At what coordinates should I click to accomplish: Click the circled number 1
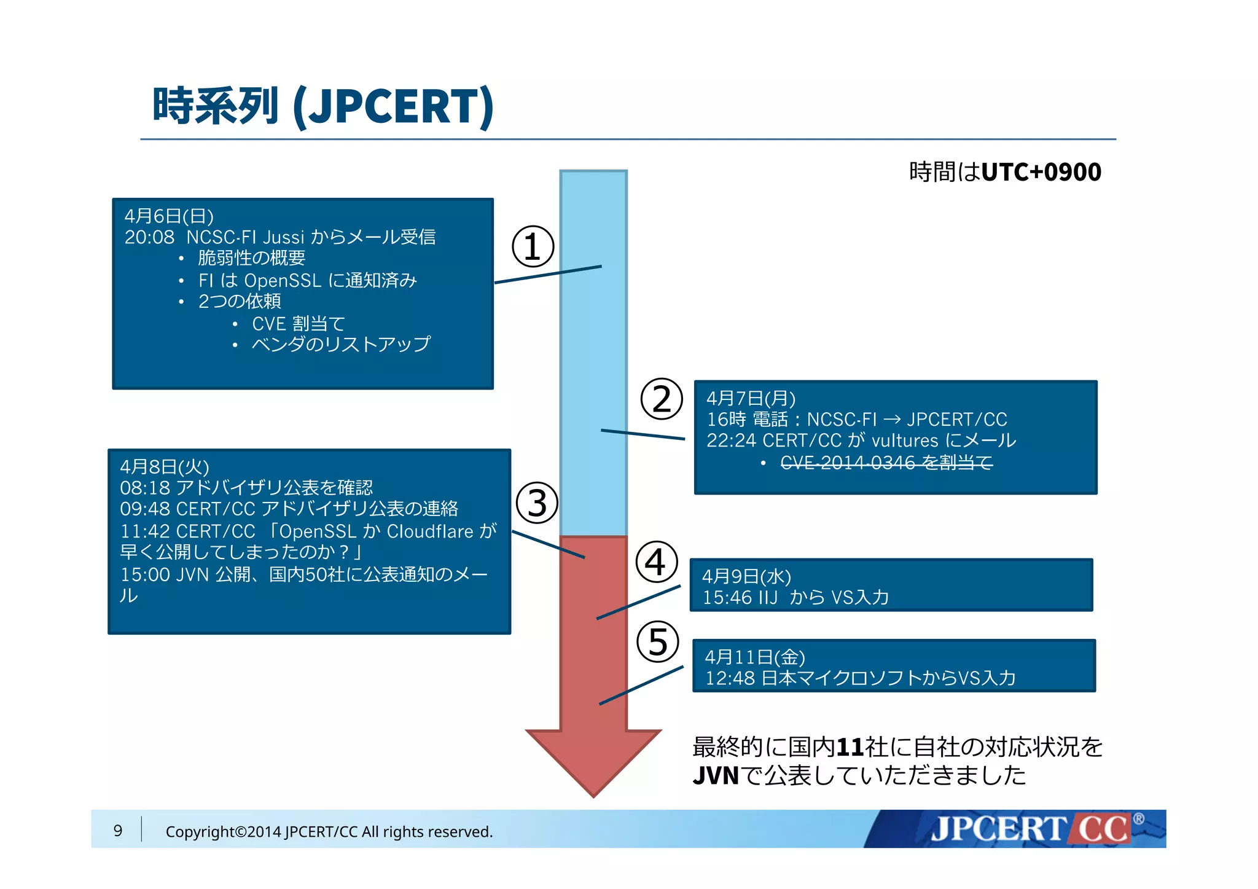coord(533,246)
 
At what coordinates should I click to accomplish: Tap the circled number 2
coord(662,399)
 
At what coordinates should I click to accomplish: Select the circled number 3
coord(537,503)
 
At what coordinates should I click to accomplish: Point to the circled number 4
coord(656,562)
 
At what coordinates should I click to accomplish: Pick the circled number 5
coord(657,641)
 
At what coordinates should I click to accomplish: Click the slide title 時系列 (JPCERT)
coord(322,106)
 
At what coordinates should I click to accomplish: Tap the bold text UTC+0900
coord(1041,172)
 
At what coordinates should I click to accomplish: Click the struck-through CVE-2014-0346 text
coord(886,462)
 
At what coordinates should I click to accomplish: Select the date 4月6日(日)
coord(169,216)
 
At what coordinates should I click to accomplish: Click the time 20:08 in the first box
coord(149,237)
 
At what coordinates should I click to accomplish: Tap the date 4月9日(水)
coord(746,576)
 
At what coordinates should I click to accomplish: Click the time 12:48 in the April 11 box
coord(729,678)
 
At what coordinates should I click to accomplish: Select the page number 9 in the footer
coord(118,831)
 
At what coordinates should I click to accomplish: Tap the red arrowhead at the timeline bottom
coord(593,762)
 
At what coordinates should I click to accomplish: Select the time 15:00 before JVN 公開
coord(145,574)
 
